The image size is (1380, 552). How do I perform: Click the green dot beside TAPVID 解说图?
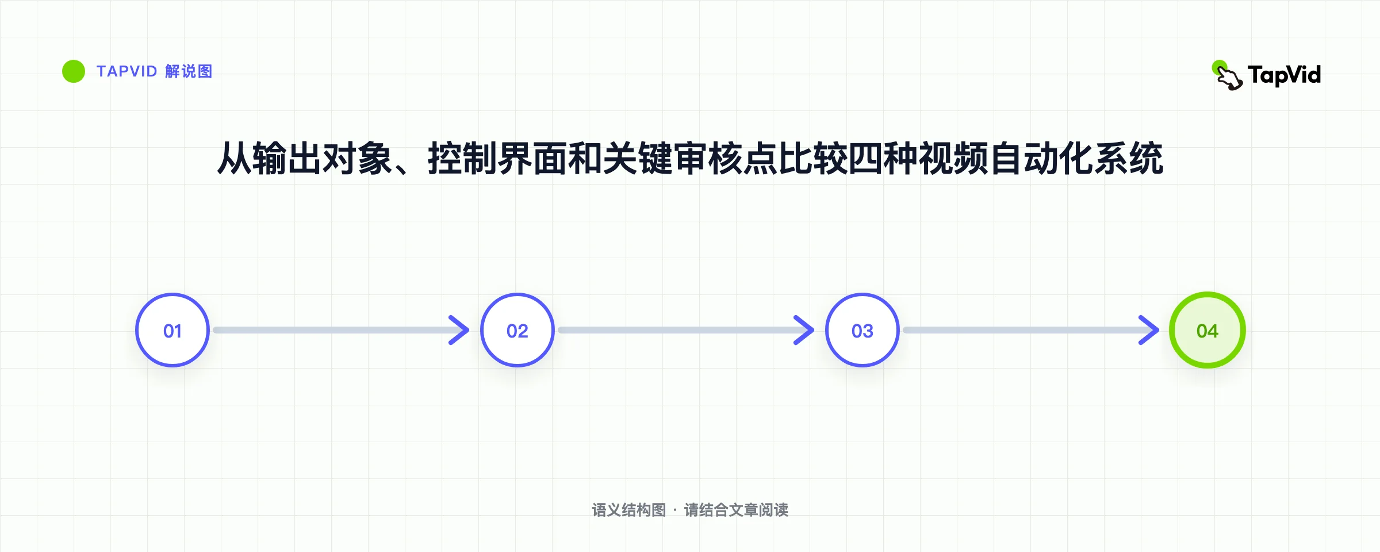[x=74, y=71]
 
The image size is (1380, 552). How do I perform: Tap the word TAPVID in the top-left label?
[x=126, y=71]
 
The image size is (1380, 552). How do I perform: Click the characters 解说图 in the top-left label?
[x=189, y=71]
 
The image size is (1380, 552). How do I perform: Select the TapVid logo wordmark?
[x=1284, y=75]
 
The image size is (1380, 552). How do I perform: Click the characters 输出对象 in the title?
[x=322, y=158]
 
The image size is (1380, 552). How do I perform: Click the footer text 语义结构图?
[x=628, y=510]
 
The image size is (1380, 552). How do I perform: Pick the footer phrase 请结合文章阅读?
[x=736, y=510]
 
